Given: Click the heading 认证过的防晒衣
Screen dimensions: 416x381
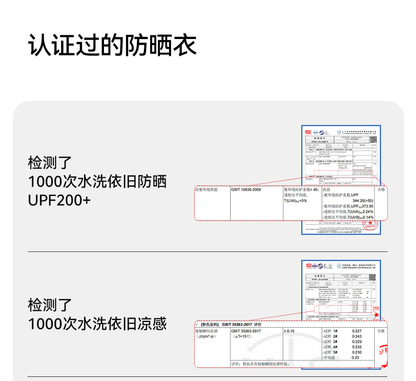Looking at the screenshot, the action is [112, 45].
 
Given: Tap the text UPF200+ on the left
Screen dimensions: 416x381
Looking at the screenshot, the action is [59, 200].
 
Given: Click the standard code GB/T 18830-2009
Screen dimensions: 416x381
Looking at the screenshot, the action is [246, 190].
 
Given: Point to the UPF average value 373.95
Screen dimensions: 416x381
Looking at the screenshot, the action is [367, 206].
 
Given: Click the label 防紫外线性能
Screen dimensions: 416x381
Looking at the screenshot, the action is [206, 190].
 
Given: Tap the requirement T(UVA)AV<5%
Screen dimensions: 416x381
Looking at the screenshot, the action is [295, 201].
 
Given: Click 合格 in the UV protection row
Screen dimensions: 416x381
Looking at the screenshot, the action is [381, 190].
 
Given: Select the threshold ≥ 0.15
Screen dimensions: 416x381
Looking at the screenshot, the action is [289, 331].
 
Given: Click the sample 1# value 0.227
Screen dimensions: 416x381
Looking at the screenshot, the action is [357, 331].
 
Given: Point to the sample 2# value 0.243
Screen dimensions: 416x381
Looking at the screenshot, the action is [357, 336].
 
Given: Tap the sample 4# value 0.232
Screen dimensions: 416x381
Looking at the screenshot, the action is [357, 347].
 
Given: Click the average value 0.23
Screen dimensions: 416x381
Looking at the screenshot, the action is [355, 357].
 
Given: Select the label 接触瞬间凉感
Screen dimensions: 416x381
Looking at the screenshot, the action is [206, 331].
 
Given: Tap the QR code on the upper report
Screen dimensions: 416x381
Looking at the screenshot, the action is [373, 139].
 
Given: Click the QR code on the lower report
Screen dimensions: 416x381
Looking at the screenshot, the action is [372, 277].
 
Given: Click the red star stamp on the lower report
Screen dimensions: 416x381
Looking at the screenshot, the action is [376, 315].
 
